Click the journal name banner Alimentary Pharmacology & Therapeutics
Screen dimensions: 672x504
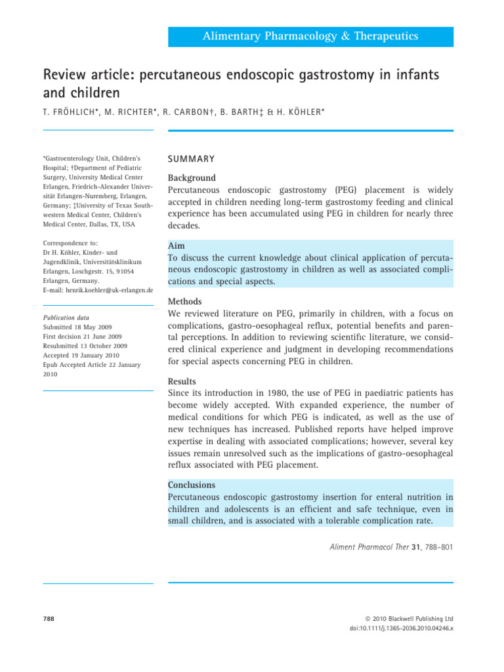[x=310, y=36]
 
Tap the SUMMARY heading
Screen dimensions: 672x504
[x=191, y=159]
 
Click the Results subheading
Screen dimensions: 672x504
[x=184, y=381]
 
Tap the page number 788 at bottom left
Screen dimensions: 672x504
[x=49, y=618]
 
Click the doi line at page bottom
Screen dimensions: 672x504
[x=402, y=628]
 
